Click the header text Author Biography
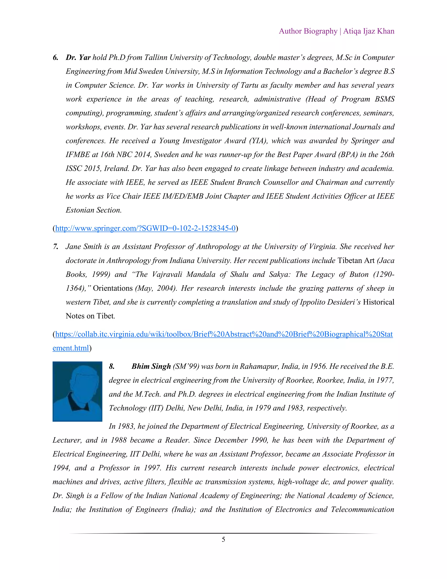[308, 31]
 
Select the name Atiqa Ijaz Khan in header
[369, 31]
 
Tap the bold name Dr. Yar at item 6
[78, 57]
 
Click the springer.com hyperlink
[145, 228]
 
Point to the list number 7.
[55, 246]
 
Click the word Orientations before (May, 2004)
[113, 288]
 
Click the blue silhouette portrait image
[77, 391]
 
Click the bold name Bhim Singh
[151, 366]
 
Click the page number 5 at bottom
[223, 539]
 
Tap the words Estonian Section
[93, 210]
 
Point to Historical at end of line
[378, 302]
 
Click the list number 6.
[55, 57]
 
